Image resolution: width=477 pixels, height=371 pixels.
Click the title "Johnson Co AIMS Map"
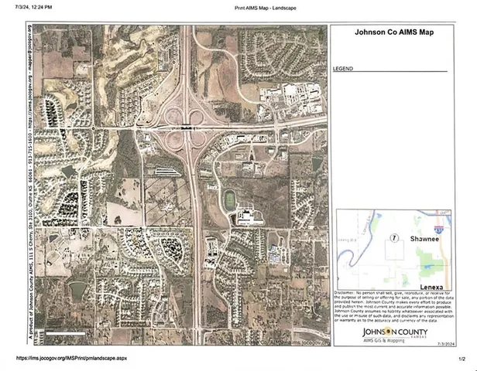coord(393,34)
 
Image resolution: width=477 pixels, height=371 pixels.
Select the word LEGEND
coord(343,69)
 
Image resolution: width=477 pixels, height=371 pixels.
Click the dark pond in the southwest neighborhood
coord(77,291)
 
